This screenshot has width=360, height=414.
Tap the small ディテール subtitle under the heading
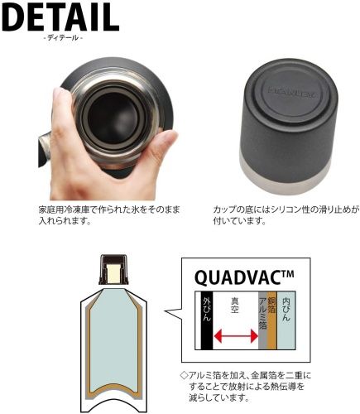pyautogui.click(x=62, y=39)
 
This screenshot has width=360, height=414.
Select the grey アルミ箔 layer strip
pyautogui.click(x=265, y=319)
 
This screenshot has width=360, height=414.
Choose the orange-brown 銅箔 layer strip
pyautogui.click(x=274, y=319)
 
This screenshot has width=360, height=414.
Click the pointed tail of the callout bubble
pyautogui.click(x=170, y=315)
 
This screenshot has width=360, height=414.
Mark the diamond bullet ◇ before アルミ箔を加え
pyautogui.click(x=185, y=375)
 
